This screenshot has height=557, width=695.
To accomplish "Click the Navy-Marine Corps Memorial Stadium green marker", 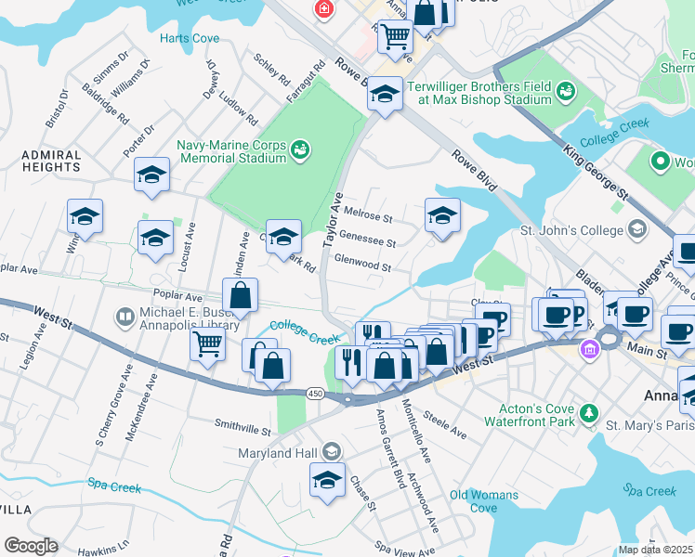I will click(x=299, y=149).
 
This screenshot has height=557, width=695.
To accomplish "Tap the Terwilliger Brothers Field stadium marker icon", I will click(x=565, y=91).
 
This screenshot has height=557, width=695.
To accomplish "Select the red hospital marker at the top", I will click(x=323, y=9).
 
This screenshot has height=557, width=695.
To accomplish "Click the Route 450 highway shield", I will click(x=313, y=393).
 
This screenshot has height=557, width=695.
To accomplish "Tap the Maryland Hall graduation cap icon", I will click(x=329, y=452).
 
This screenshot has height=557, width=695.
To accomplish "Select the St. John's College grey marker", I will click(x=636, y=228).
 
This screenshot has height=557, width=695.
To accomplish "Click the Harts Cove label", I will click(x=190, y=38).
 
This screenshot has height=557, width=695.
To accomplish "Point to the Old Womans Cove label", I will click(x=484, y=501).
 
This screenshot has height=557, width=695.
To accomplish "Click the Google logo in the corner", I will click(x=30, y=546).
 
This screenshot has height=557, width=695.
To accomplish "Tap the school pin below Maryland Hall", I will click(x=327, y=480).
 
